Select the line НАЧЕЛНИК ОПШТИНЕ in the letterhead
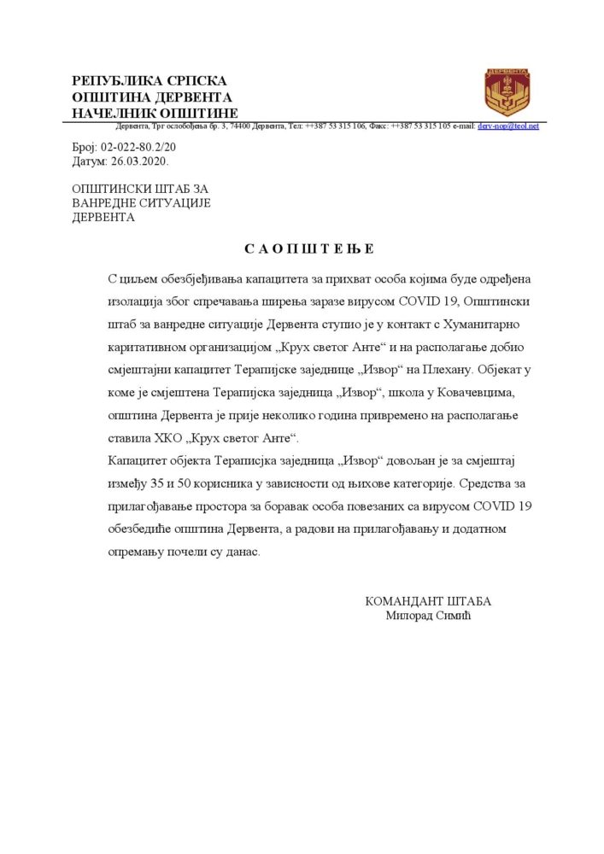155,114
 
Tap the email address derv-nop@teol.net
508,126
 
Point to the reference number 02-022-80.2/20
138,147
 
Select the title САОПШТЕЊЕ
309,249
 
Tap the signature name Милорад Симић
429,615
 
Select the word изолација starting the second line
138,303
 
